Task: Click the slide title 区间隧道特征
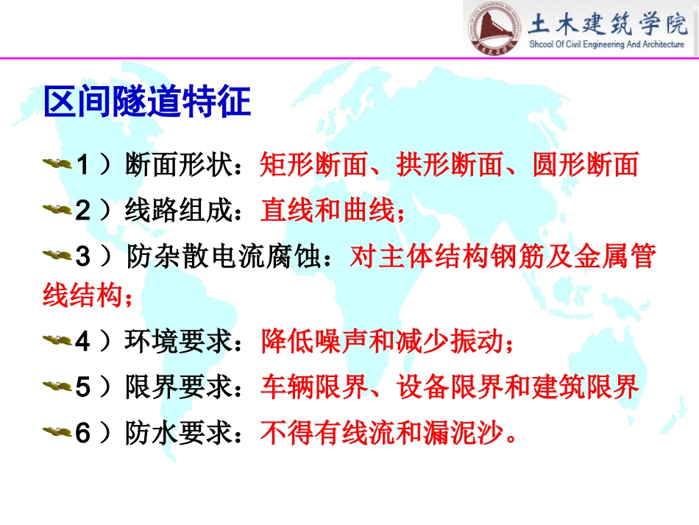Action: point(148,102)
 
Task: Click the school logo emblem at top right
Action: point(494,29)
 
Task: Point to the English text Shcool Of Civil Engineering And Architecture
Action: point(607,45)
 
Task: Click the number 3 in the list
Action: point(83,258)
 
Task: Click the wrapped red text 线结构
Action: point(82,297)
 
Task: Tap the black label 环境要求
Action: point(179,342)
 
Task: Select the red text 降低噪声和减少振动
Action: point(382,342)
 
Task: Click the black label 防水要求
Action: point(179,433)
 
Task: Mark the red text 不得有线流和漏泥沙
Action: point(382,433)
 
